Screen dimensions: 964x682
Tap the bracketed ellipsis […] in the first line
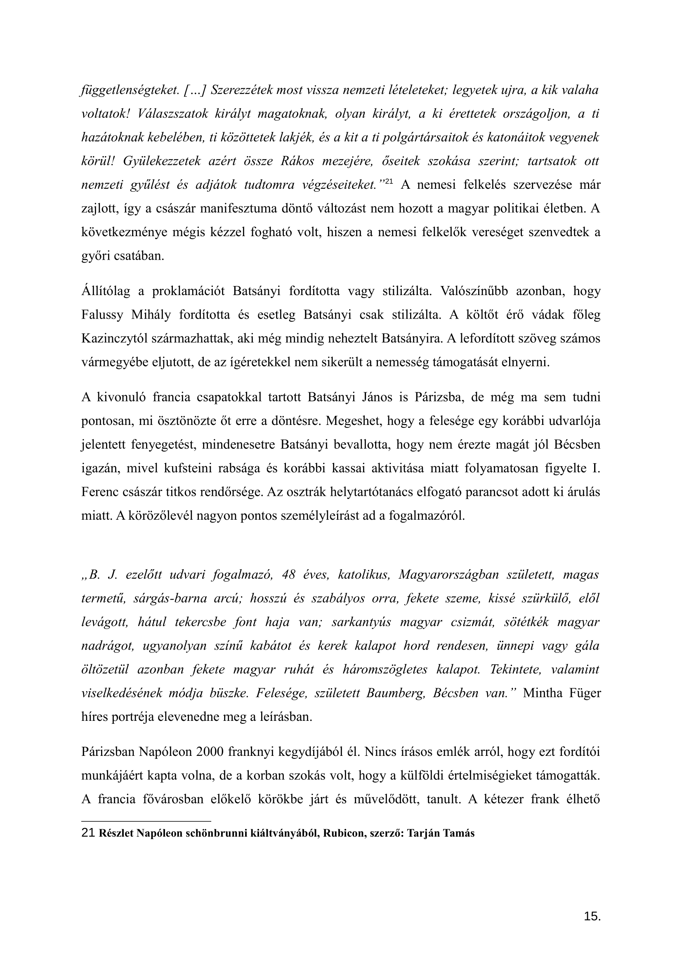point(194,90)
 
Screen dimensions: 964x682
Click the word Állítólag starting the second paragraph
point(109,291)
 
